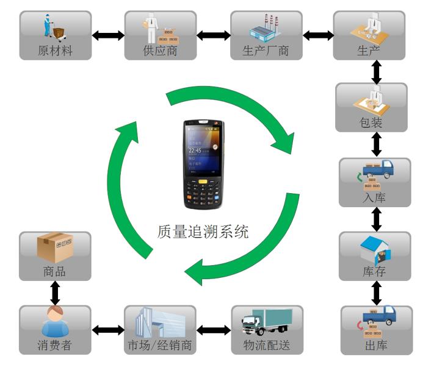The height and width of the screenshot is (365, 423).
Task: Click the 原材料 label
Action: coord(55,51)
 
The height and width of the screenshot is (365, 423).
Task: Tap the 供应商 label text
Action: coord(160,51)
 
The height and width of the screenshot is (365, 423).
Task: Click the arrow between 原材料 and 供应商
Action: coord(107,35)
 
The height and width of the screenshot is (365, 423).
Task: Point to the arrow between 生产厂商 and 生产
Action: coord(318,35)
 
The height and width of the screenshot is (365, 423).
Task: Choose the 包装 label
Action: coord(371,123)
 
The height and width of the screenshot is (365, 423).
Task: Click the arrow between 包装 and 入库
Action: coord(377,144)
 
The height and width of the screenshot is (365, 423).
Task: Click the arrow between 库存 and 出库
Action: coord(377,292)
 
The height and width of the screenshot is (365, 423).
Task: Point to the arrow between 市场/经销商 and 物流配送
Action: coord(214,330)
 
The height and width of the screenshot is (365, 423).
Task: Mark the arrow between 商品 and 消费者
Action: coord(55,292)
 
